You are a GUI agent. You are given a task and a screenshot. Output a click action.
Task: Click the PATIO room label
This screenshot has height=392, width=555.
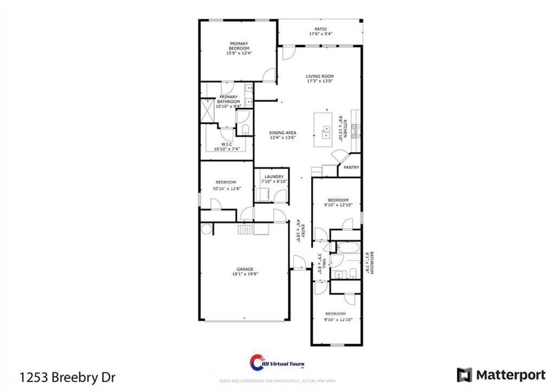(321, 29)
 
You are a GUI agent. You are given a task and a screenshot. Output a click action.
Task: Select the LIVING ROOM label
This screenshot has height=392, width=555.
(320, 77)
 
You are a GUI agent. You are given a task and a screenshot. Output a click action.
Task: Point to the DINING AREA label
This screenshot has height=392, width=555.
(283, 133)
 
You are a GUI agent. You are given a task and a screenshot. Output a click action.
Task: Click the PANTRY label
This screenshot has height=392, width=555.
(351, 168)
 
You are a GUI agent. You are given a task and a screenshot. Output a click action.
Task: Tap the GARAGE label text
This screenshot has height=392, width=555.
(244, 269)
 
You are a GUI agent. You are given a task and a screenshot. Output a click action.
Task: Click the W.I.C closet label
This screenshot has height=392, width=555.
(227, 144)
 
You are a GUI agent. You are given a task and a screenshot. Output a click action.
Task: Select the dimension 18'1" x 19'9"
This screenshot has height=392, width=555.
(244, 274)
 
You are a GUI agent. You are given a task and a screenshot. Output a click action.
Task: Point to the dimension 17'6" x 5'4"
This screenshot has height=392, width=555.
(321, 34)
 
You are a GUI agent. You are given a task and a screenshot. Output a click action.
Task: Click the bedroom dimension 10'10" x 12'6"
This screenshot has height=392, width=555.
(226, 188)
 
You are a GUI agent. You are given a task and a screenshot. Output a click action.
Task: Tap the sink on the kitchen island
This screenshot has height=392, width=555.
(326, 132)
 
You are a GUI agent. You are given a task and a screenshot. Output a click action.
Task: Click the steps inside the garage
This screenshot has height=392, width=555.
(245, 230)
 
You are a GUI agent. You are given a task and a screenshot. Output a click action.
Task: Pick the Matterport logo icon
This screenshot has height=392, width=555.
(464, 375)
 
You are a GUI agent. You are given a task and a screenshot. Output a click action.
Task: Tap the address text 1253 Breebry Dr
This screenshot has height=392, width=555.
(68, 376)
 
